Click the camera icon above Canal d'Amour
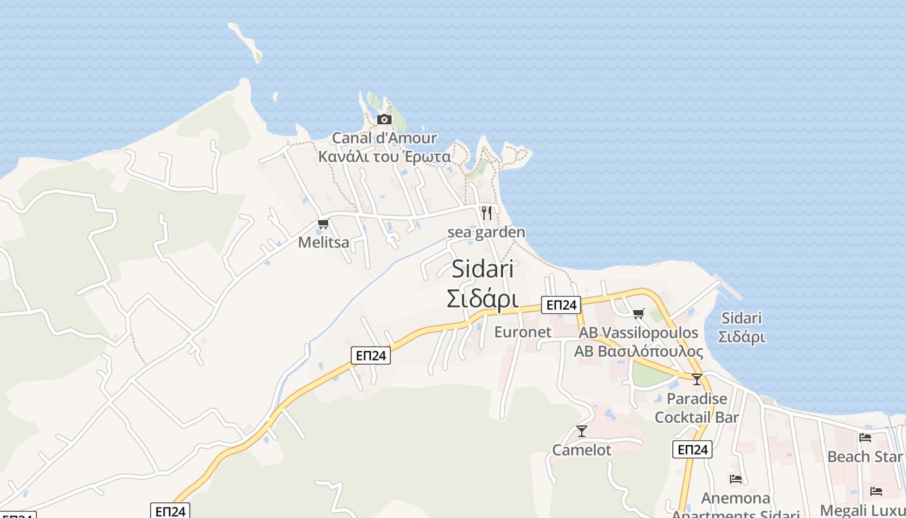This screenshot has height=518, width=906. (x=384, y=119)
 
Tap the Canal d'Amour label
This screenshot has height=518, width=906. (x=384, y=138)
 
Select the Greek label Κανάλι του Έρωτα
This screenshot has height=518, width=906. (x=384, y=157)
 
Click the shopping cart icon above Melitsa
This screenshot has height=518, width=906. (x=323, y=224)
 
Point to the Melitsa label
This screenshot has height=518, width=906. (x=324, y=243)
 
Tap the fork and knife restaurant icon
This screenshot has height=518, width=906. (x=487, y=213)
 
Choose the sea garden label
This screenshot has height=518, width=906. (x=486, y=232)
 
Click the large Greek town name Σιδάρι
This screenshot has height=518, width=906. (x=483, y=298)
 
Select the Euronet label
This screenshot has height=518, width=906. (x=522, y=332)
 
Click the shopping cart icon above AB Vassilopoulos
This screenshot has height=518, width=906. (x=639, y=314)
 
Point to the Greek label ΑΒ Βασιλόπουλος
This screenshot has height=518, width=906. (x=639, y=352)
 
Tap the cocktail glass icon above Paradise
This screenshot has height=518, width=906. (x=696, y=379)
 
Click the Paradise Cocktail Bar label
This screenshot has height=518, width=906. (x=696, y=408)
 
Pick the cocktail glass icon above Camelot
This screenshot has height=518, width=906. (x=582, y=431)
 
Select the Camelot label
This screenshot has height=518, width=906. (x=582, y=450)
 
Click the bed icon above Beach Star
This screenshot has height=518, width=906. (x=865, y=438)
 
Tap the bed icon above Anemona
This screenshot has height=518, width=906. (x=736, y=479)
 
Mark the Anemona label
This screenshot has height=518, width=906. (x=736, y=498)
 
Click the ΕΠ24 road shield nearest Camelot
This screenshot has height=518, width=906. (x=692, y=449)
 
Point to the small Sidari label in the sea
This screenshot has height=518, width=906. (x=742, y=318)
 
